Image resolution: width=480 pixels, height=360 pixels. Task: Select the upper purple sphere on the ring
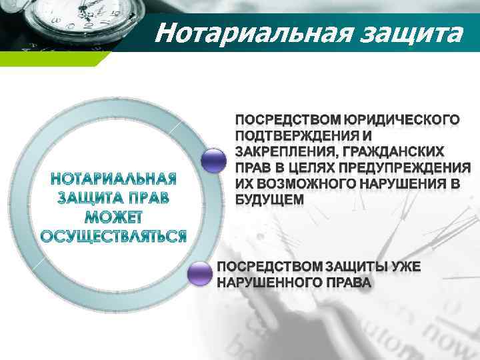click(x=214, y=161)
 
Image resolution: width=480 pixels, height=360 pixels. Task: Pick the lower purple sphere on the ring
click(x=200, y=274)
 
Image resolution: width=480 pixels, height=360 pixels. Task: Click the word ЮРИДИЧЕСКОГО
click(x=401, y=121)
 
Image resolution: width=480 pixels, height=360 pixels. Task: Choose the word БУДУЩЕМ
click(x=269, y=199)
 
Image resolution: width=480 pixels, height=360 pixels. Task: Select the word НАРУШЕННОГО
click(x=267, y=283)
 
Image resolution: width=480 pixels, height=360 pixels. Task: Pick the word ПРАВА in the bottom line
click(x=346, y=283)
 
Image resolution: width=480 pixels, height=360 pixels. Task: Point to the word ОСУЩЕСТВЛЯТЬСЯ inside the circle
click(x=113, y=237)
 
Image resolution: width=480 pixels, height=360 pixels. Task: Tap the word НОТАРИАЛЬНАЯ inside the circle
click(x=113, y=180)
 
